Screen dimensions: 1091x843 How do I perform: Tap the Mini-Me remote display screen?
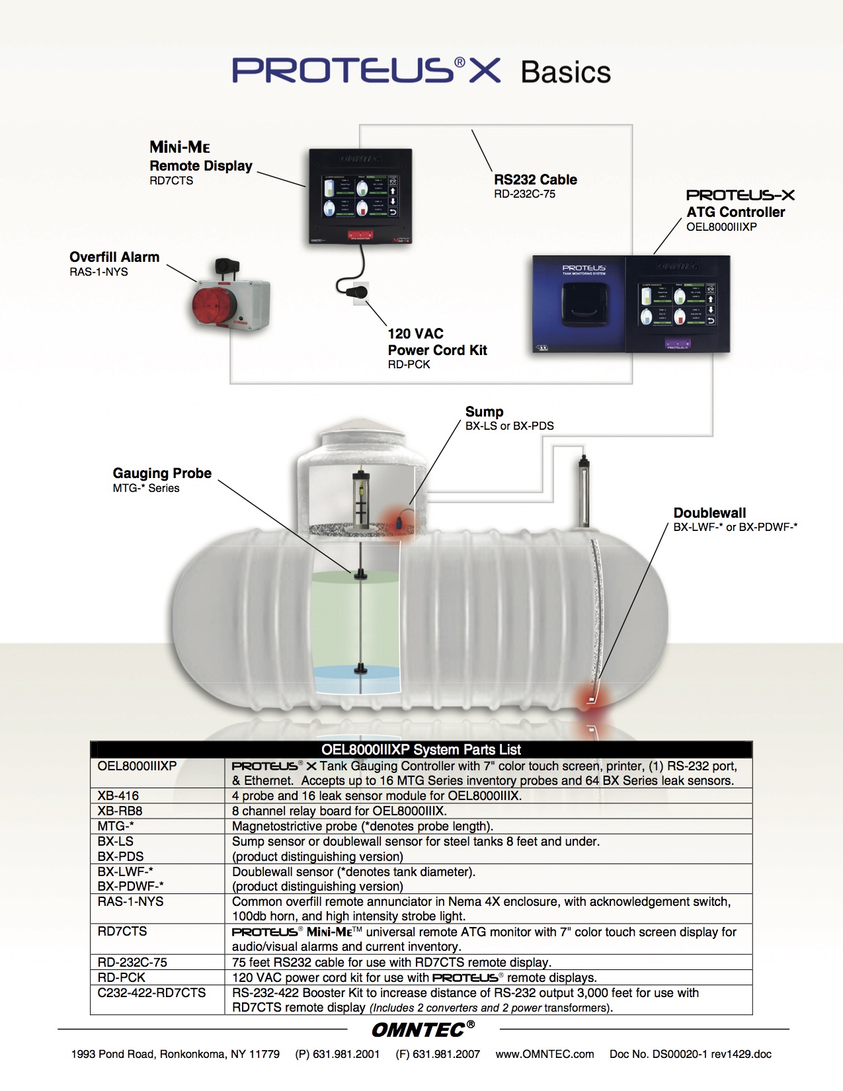tap(359, 196)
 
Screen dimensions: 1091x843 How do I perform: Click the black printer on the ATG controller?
tap(584, 305)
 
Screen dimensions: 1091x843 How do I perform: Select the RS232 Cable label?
tap(535, 179)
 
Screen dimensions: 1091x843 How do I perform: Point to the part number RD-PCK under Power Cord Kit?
tap(409, 364)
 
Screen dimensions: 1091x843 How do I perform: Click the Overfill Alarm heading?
tap(114, 257)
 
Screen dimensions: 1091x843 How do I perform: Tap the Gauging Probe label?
tap(162, 473)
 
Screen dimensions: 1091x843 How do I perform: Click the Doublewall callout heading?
tap(709, 512)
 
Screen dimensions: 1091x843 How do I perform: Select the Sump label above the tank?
tap(484, 411)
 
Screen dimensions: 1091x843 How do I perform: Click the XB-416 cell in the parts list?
tap(118, 795)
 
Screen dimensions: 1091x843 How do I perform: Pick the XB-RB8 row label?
tap(120, 811)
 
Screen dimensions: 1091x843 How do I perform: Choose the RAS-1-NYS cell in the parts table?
tap(130, 901)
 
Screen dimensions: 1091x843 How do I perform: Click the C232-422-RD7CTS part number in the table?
tap(151, 992)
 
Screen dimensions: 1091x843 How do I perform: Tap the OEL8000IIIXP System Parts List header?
tap(421, 749)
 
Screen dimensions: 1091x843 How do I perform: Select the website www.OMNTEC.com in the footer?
tap(545, 1054)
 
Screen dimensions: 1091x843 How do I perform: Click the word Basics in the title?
tap(566, 72)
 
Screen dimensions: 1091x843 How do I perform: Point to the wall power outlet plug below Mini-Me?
tap(360, 291)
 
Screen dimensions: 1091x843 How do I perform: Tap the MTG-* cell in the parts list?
tap(116, 826)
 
